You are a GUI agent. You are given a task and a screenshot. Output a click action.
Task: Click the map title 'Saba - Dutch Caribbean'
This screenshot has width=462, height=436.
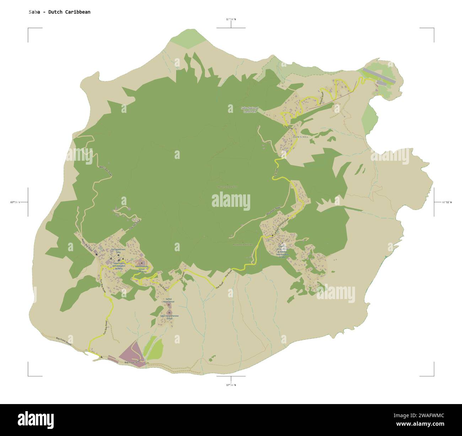coord(60,12)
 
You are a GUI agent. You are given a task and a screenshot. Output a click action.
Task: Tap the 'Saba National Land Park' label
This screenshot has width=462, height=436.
coord(249,110)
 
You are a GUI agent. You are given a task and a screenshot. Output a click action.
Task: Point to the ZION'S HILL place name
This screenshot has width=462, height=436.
coord(300,137)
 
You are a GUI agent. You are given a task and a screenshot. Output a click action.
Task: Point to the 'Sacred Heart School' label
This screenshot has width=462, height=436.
coord(168,300)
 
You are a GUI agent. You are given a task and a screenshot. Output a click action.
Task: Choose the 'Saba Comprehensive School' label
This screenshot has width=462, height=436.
coord(169,317)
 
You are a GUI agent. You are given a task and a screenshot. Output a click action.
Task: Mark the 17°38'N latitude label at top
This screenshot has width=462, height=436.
coord(231,20)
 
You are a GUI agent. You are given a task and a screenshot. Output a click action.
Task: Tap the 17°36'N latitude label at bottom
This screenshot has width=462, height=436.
coord(231,385)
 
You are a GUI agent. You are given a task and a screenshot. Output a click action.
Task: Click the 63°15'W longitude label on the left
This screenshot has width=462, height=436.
coord(15,202)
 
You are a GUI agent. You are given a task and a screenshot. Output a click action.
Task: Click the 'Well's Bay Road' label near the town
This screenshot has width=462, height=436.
coord(87,245)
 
